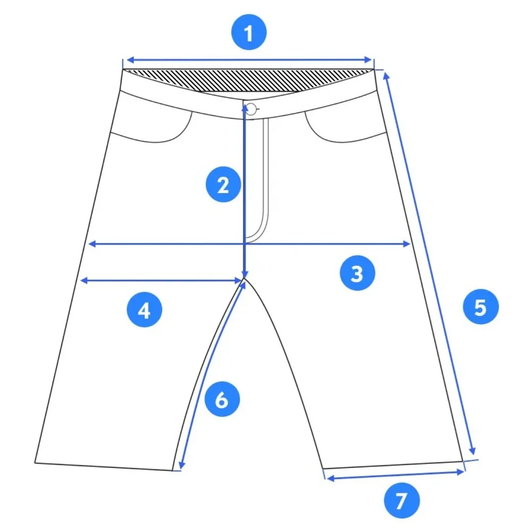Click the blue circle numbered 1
tap(248, 32)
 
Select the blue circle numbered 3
tap(358, 273)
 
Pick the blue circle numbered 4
tap(144, 309)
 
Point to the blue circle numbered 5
tap(480, 306)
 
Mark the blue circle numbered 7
tap(402, 501)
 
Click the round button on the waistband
tap(252, 109)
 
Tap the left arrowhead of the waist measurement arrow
tap(130, 61)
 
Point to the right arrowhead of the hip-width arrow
tap(406, 244)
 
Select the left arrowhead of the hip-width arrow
tap(92, 244)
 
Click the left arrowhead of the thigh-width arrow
tap(84, 280)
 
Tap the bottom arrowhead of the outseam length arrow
tap(472, 451)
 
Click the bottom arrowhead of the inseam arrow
tap(181, 465)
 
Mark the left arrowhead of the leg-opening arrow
tap(330, 478)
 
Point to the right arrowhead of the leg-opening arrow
tap(460, 472)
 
